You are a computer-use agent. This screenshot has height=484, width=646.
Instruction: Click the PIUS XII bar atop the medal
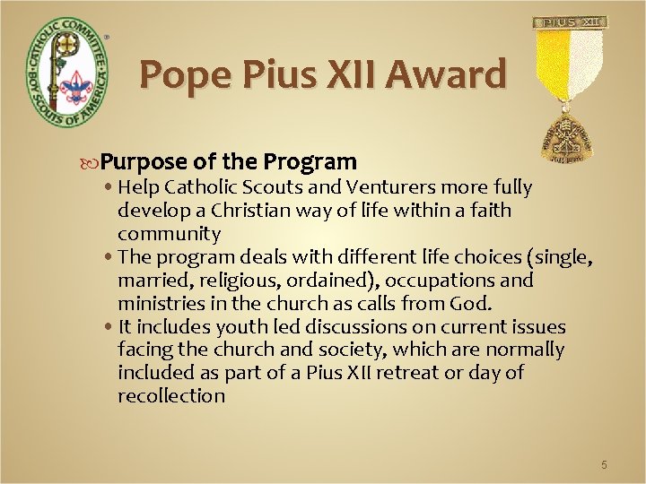point(571,22)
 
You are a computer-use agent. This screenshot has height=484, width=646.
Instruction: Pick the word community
point(169,234)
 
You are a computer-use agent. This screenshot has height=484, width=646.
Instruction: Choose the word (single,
point(563,257)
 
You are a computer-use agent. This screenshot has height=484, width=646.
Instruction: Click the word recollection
point(171,397)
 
